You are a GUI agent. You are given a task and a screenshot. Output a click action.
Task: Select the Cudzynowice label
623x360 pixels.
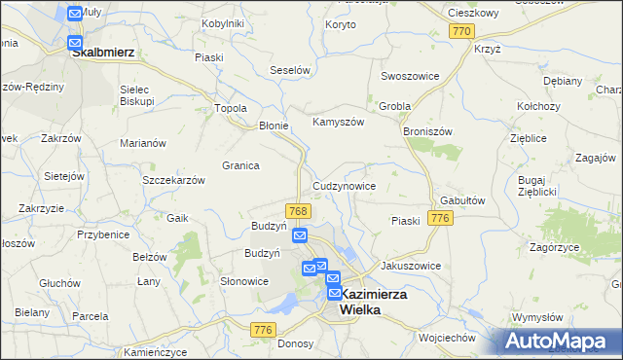point(344,185)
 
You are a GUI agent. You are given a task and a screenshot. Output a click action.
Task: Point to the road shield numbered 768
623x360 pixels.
point(299,211)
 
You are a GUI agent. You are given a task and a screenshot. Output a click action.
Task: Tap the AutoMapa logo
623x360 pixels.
point(561,341)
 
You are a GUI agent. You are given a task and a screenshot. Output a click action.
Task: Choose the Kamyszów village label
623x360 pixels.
point(338,123)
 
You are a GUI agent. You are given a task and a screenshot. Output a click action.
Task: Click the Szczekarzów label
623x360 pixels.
point(173,181)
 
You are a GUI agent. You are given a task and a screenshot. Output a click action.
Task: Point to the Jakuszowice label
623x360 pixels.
point(411,266)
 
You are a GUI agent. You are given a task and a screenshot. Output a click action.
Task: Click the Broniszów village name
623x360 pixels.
point(429,129)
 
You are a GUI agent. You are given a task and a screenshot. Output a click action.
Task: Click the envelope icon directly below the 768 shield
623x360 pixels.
point(300,235)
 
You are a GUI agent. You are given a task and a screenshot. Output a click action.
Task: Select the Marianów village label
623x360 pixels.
point(143,143)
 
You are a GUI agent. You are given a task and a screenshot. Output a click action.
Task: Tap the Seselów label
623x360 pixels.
point(289,71)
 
